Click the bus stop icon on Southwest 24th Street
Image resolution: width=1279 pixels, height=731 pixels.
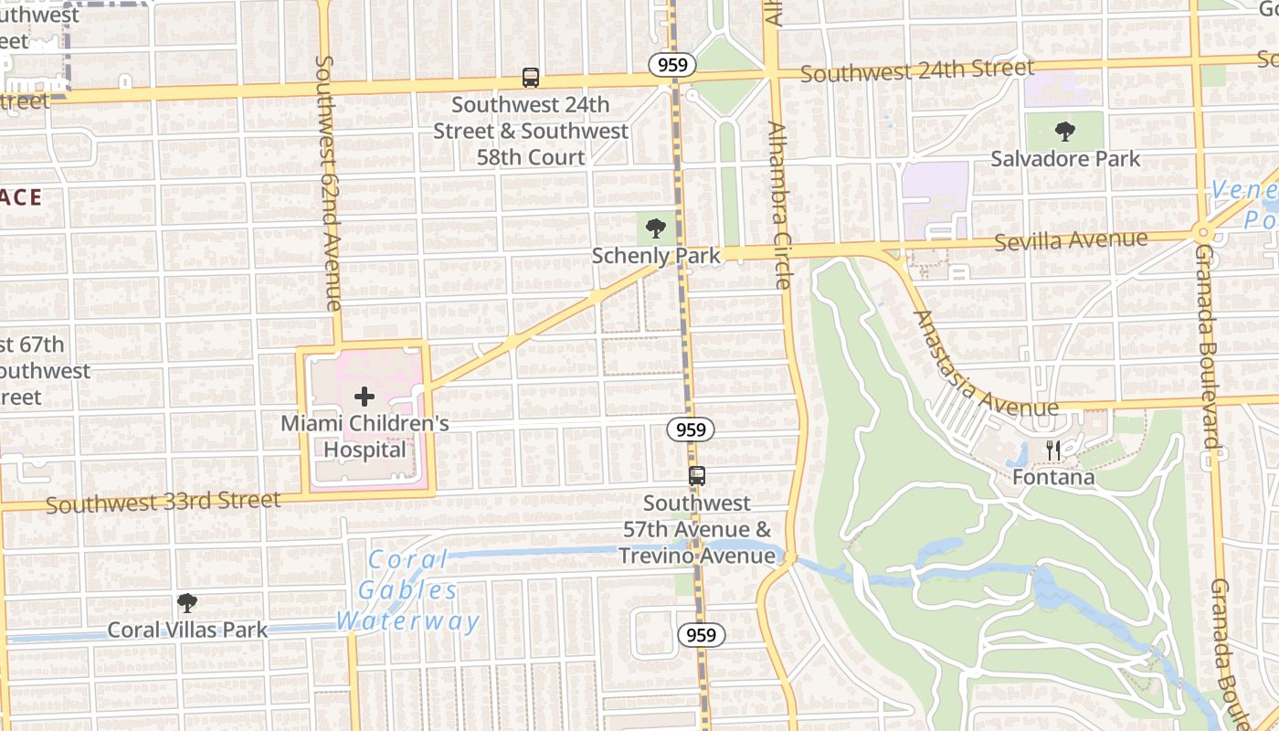pos(531,78)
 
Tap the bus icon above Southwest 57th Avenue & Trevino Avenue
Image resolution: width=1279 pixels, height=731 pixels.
pos(697,476)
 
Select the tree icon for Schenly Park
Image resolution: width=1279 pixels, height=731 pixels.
pos(655,228)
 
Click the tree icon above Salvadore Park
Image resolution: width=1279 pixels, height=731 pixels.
pos(1065,132)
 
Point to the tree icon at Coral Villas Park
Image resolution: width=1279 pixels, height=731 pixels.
pos(187,603)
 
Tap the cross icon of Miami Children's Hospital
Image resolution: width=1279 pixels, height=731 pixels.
pos(365,397)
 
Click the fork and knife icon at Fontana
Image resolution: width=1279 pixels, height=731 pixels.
pos(1053,450)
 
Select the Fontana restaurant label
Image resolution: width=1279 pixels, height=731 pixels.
pos(1053,477)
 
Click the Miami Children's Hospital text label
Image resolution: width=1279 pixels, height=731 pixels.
pos(365,437)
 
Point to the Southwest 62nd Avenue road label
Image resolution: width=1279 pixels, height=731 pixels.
pos(328,183)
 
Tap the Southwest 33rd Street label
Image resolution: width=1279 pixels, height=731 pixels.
pos(164,502)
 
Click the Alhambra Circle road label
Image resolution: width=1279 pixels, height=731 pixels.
pos(778,206)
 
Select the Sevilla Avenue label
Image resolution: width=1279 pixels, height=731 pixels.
pos(1071,241)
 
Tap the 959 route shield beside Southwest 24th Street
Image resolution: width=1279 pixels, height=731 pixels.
pos(673,65)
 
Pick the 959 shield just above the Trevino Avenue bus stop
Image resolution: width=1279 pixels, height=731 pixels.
pos(690,429)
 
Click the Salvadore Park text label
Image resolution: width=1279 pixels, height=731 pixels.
pos(1065,159)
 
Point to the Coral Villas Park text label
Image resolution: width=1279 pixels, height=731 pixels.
pos(187,630)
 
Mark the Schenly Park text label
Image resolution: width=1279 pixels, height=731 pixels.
pos(656,256)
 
